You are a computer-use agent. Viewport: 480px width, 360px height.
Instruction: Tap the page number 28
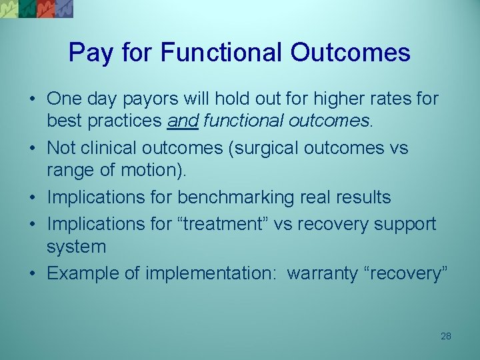coord(446,336)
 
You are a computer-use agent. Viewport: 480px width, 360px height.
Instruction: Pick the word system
coord(76,247)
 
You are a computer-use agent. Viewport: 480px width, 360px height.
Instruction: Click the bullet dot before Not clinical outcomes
coord(32,148)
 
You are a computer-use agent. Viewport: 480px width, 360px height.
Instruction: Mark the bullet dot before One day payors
coord(32,99)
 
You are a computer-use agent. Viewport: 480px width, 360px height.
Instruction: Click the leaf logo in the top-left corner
coord(37,9)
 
